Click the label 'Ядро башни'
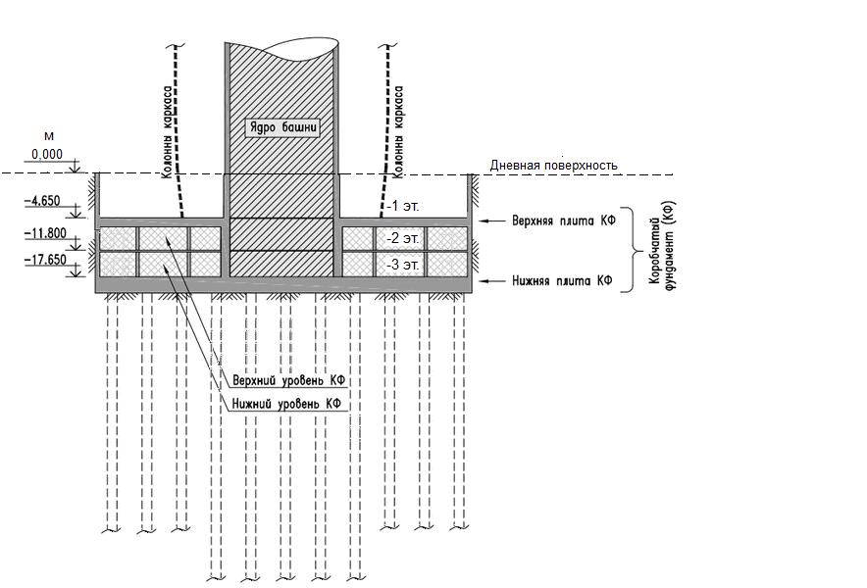282,127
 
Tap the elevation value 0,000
47,155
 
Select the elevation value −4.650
44,201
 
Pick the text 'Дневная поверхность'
553,165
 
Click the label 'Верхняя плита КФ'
564,221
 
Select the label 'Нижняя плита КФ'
562,281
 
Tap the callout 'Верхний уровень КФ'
289,380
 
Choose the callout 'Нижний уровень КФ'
286,404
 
